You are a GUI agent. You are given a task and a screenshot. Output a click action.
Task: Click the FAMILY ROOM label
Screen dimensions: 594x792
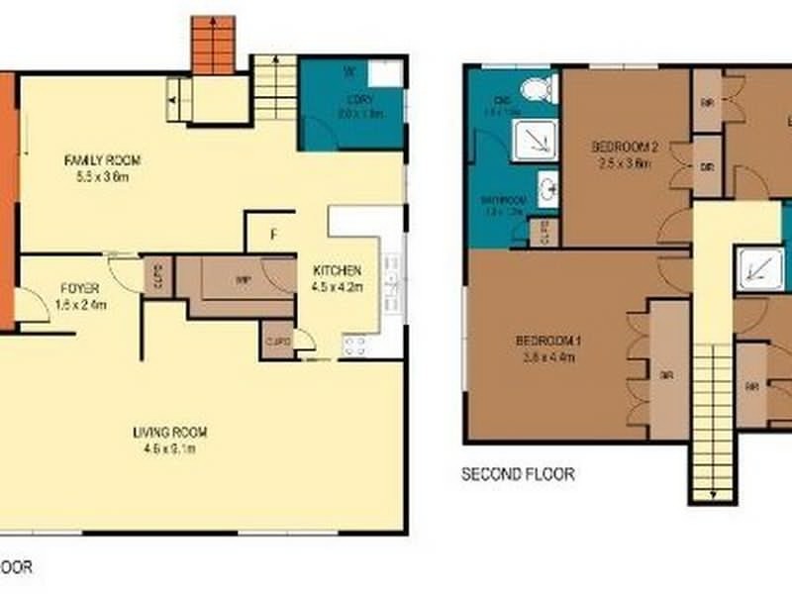[x=103, y=159]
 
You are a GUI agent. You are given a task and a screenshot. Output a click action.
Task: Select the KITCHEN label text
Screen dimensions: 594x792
[x=337, y=271]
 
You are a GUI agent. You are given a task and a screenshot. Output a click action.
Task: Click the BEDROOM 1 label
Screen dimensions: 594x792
[x=547, y=342]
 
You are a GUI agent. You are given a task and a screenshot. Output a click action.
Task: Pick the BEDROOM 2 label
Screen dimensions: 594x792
[x=625, y=148]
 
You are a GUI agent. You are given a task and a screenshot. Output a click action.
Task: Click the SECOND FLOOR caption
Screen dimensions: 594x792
[x=518, y=474]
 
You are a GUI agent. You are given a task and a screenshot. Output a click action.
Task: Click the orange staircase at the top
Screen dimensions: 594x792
[x=214, y=46]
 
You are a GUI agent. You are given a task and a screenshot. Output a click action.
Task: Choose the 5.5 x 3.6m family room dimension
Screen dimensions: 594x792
[x=103, y=177]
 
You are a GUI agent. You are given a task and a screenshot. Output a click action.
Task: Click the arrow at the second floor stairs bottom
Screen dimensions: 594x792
[x=713, y=491]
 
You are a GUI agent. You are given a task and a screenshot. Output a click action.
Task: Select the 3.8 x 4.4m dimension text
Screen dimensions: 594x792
[x=547, y=357]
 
